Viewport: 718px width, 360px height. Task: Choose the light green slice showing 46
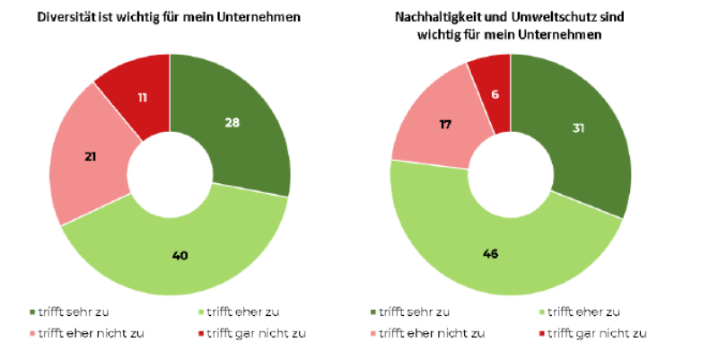(x=489, y=254)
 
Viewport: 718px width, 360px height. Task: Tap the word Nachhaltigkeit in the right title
(x=436, y=17)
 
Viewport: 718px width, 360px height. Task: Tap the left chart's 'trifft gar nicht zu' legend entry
(x=255, y=333)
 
